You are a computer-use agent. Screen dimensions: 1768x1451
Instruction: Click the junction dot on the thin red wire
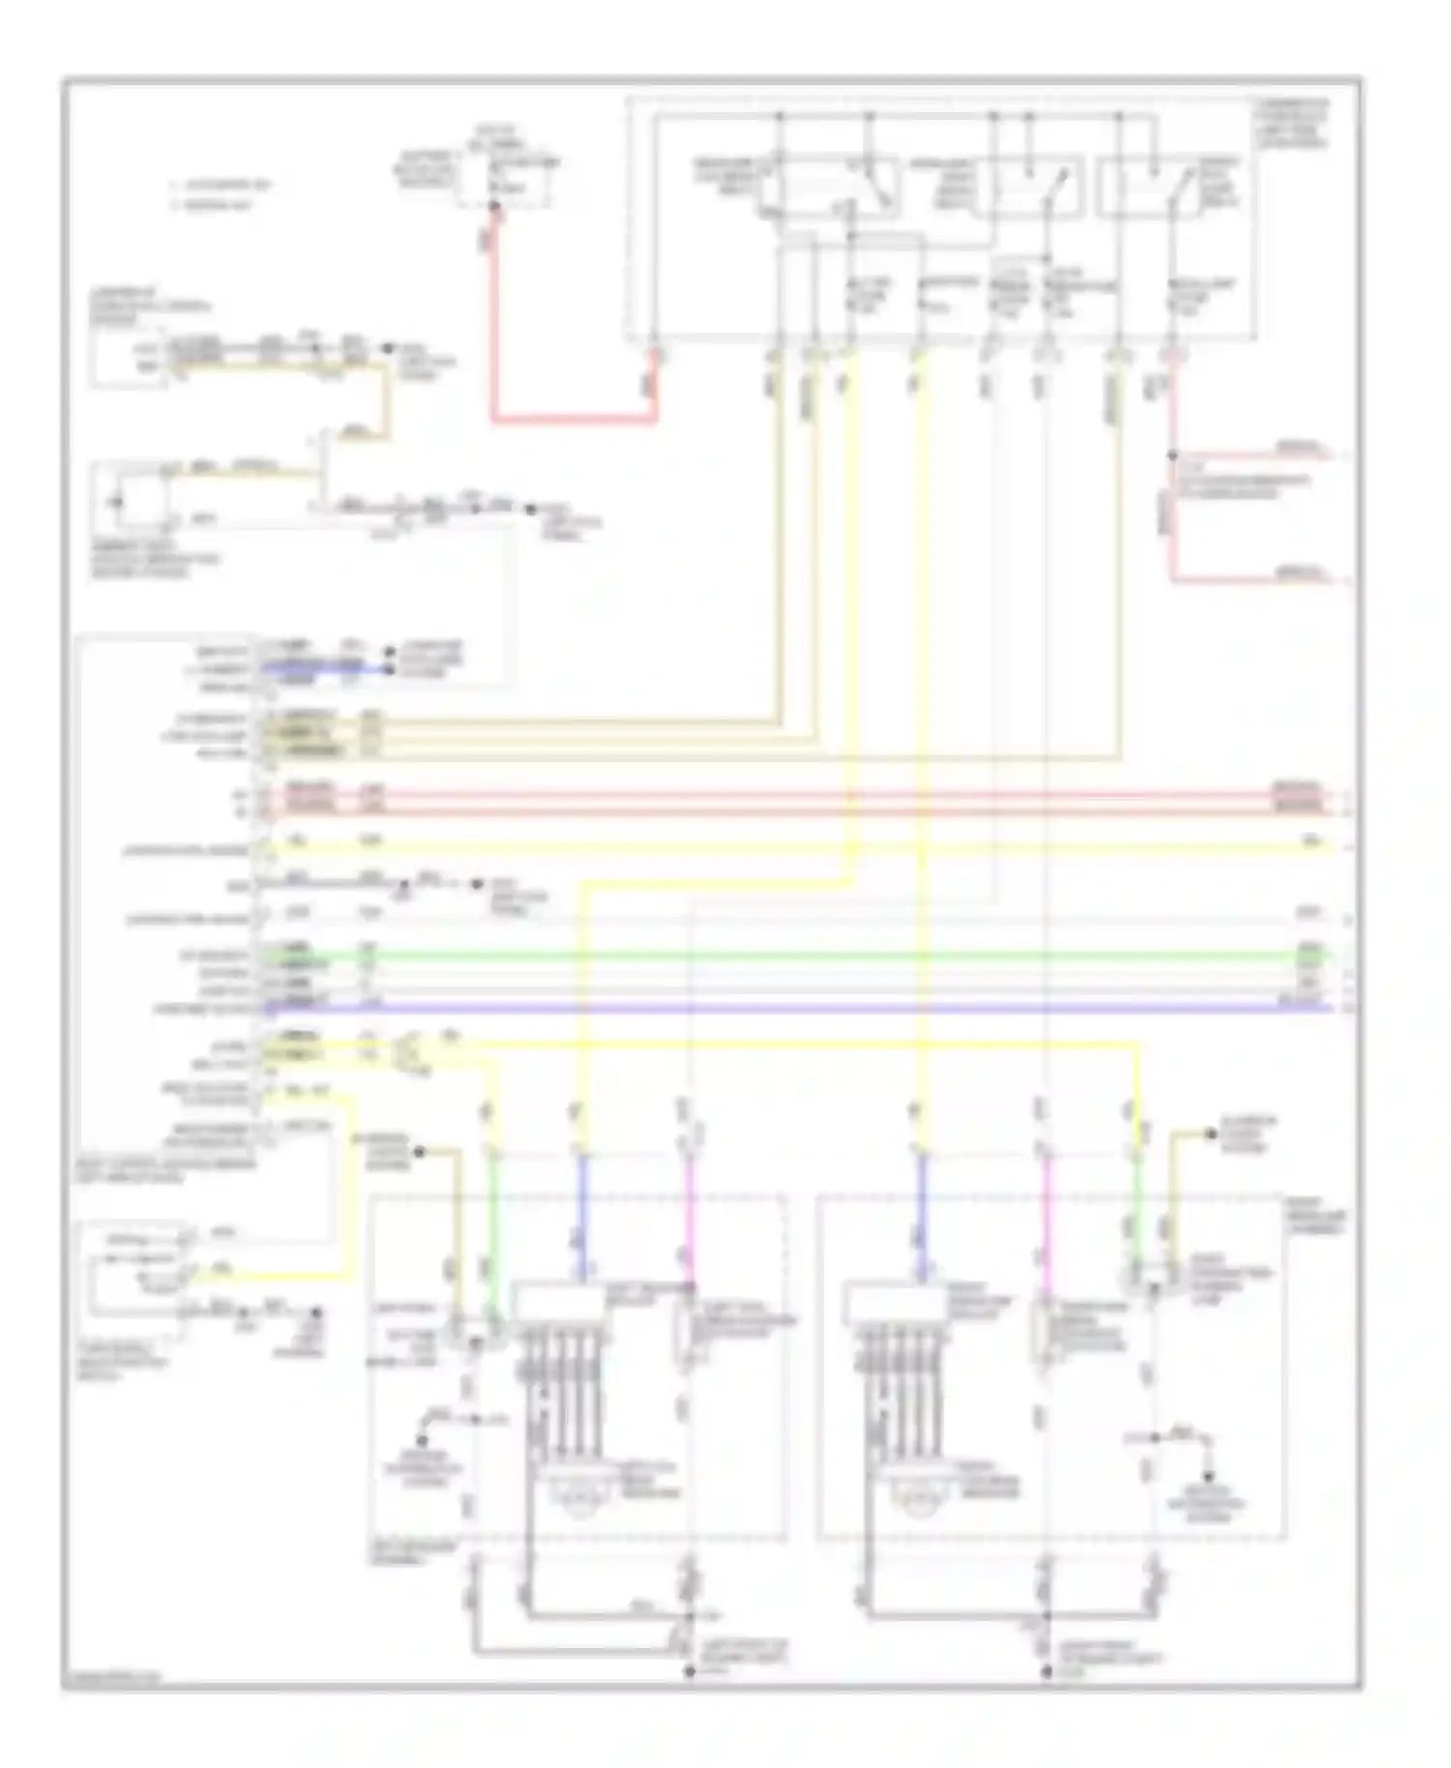click(1172, 455)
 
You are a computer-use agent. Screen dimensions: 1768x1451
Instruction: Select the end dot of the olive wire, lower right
click(1210, 1133)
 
